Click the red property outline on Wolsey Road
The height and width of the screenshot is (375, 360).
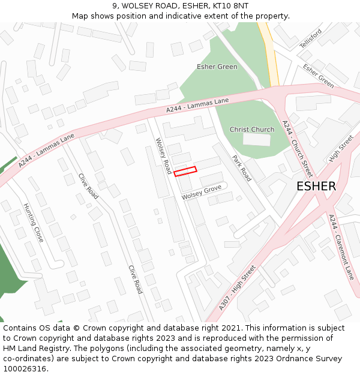point(185,172)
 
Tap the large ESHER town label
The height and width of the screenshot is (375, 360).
point(316,187)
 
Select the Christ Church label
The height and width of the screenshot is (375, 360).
point(252,130)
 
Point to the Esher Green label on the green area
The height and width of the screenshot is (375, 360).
point(217,67)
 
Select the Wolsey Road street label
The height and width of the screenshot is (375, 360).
point(164,156)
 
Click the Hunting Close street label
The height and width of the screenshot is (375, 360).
point(34,223)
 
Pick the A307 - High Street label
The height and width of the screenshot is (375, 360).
point(237,289)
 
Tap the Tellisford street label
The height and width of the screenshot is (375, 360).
point(311,38)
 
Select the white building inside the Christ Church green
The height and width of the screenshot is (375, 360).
point(256,140)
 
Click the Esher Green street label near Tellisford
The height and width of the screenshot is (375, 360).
point(319,76)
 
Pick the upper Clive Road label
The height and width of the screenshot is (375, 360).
point(89,186)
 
